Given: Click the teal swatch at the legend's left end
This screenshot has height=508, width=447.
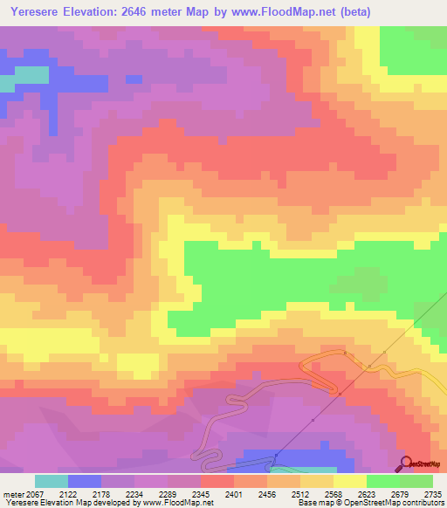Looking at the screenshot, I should pyautogui.click(x=52, y=481).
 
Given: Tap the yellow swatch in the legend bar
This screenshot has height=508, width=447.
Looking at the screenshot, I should pyautogui.click(x=350, y=481).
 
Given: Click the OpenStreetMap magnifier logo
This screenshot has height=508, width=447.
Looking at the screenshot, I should pyautogui.click(x=405, y=463).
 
